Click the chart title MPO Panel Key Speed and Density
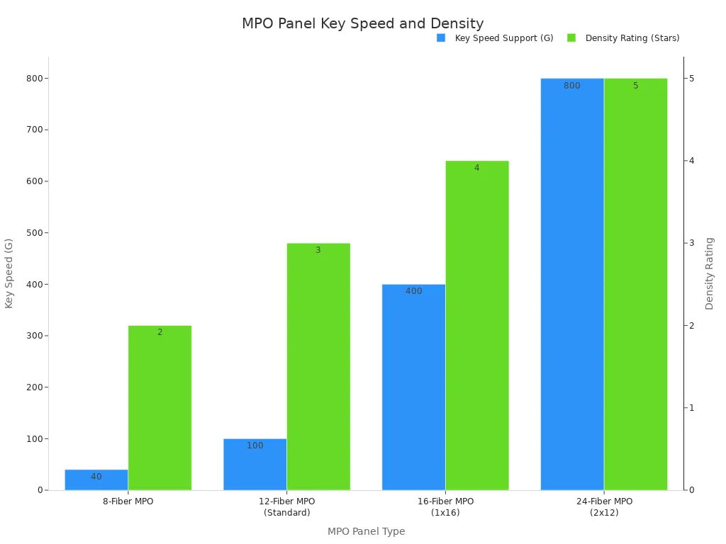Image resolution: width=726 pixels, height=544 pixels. click(x=362, y=23)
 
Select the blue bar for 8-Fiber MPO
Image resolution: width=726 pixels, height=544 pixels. click(x=96, y=480)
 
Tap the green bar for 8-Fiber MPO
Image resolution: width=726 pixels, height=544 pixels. click(x=160, y=407)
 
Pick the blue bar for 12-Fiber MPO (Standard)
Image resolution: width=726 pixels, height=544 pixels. click(x=255, y=464)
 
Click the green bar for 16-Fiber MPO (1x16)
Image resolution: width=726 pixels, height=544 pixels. click(x=477, y=325)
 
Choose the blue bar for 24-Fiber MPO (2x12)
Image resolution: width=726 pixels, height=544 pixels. click(x=572, y=283)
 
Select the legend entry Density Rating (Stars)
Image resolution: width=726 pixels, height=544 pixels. click(x=632, y=38)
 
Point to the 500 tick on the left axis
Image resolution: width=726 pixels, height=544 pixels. click(x=33, y=233)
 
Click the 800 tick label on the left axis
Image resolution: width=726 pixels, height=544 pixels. click(x=33, y=79)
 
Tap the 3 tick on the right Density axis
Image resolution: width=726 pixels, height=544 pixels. click(x=691, y=243)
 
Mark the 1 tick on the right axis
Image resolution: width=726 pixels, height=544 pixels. click(x=691, y=408)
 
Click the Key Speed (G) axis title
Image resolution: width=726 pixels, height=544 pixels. click(x=9, y=273)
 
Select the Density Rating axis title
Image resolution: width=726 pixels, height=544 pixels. click(x=709, y=273)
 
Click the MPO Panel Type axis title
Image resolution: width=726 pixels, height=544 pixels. click(x=366, y=531)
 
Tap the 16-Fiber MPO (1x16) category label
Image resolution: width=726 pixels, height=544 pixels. click(x=445, y=506)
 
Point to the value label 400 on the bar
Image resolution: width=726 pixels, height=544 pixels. click(x=413, y=291)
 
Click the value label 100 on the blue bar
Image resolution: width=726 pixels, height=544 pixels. click(x=255, y=446)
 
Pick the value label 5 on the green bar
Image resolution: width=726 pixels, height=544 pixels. click(x=635, y=86)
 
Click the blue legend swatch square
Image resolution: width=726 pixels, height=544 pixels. click(x=441, y=38)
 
